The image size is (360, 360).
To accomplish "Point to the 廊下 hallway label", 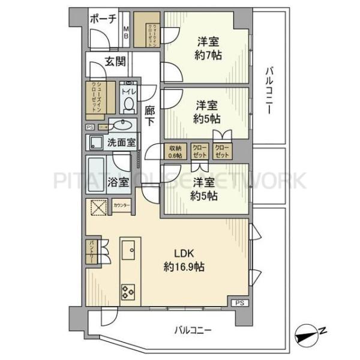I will tap(150, 115).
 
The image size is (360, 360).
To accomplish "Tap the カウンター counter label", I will tap(121, 206).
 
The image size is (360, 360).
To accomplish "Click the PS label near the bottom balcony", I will tap(239, 303).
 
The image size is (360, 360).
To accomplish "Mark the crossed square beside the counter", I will tap(97, 208).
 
